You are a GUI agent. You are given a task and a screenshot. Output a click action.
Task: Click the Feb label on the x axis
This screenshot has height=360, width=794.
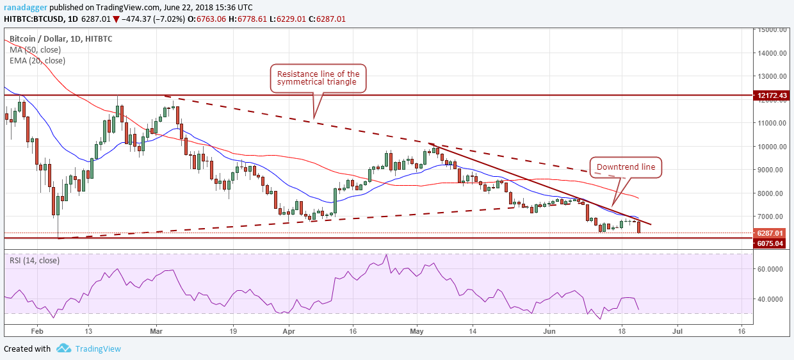click(37, 332)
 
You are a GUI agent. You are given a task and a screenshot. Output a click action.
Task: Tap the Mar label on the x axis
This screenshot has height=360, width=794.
click(155, 332)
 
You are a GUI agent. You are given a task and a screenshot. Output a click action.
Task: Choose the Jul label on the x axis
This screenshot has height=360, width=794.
click(677, 332)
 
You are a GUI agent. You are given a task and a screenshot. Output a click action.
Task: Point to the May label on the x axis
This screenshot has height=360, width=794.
click(417, 332)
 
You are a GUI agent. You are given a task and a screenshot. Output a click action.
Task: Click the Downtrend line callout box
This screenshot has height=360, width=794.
click(626, 168)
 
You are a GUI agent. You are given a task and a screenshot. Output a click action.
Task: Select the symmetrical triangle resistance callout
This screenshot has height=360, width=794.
click(318, 78)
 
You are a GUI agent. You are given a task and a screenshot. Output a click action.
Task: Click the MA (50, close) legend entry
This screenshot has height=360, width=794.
click(36, 49)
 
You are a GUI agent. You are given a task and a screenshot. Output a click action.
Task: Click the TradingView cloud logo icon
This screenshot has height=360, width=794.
click(63, 348)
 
